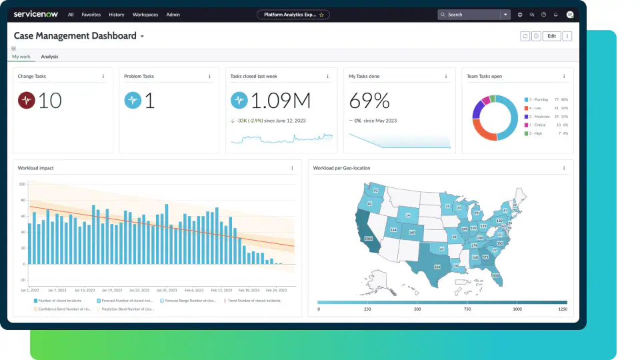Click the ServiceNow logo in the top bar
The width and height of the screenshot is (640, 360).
(x=36, y=14)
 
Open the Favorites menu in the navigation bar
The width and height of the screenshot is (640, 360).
(x=91, y=14)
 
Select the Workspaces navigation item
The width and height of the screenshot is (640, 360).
(x=145, y=14)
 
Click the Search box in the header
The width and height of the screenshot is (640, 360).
(x=470, y=14)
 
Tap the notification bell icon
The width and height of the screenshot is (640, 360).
(x=555, y=14)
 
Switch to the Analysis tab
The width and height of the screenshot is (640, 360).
(x=49, y=57)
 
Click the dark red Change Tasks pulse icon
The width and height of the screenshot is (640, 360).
(x=26, y=101)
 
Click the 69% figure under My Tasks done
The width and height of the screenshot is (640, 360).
(x=369, y=101)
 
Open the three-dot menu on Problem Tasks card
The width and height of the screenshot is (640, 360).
(x=209, y=76)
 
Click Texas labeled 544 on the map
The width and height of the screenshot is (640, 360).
(x=437, y=267)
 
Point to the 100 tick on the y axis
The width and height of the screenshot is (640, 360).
(x=22, y=184)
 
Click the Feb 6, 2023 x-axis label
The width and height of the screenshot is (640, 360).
(x=194, y=291)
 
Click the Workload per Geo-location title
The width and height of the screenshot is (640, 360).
(x=342, y=168)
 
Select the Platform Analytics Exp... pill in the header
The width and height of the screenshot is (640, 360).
(x=293, y=14)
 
